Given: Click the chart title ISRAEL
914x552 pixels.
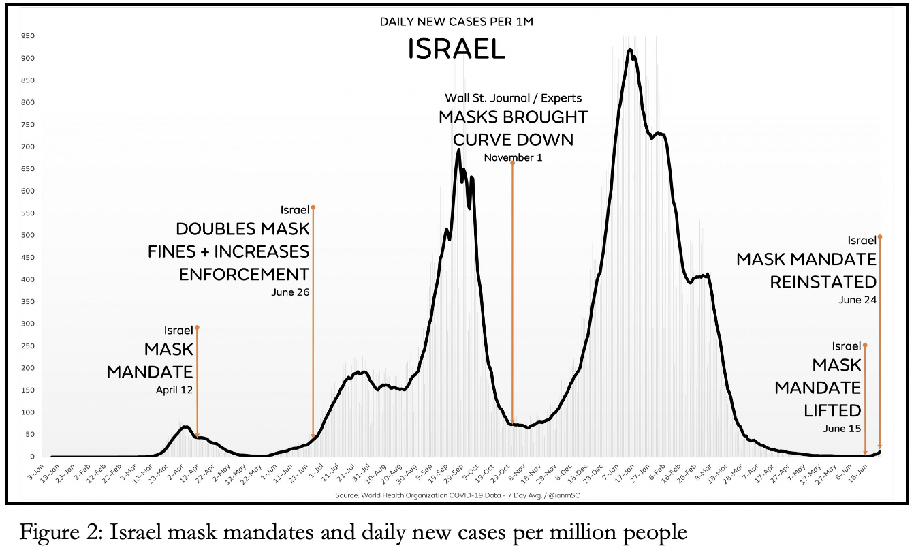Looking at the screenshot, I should coord(456,49).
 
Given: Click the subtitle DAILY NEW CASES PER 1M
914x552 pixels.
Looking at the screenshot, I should coord(456,22).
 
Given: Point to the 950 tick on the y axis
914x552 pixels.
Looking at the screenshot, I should coord(27,35).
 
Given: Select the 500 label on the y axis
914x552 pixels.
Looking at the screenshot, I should coord(27,235).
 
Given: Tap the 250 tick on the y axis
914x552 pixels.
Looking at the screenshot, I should coord(27,346).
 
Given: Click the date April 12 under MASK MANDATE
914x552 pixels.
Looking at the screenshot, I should coord(174,391).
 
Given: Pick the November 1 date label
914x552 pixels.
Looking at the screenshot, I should coord(513,158).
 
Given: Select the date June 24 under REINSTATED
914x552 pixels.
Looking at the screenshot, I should coord(857,299).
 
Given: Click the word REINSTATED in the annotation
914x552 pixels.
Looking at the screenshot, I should coord(823,281).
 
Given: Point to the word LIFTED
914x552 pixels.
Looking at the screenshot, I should coord(832,410).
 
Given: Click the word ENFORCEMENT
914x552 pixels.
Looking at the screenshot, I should coord(244,274).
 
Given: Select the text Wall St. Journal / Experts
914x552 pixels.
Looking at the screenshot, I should coord(513,98).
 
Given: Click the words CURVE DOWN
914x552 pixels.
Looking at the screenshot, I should coord(513,140).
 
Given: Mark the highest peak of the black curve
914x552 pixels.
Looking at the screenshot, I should coord(630,50).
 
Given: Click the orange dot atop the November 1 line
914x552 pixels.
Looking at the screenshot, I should coord(512,163).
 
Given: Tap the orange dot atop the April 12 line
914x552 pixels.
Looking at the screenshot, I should coord(197,327).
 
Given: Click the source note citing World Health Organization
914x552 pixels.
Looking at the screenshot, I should coord(456,495).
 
